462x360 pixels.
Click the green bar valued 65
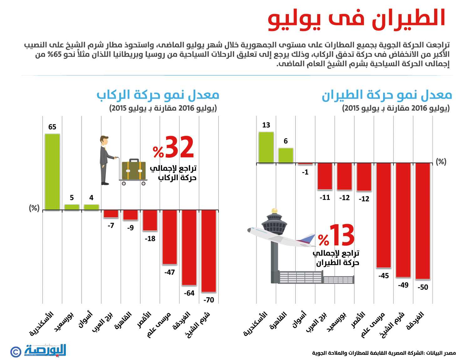[52, 172]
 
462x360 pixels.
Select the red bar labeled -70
[209, 251]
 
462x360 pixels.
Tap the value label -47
[170, 272]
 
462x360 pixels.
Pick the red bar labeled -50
[423, 221]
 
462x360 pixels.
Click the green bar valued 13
[266, 147]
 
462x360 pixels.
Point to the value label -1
[305, 172]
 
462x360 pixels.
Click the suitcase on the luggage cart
[134, 170]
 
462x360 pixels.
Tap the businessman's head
[104, 141]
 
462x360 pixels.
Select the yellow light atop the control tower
[275, 211]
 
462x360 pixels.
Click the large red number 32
[179, 147]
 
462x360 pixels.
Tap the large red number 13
[341, 235]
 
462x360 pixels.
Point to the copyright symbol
[16, 352]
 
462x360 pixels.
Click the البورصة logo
[46, 350]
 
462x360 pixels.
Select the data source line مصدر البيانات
[384, 353]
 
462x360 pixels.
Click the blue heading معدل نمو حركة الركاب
[158, 95]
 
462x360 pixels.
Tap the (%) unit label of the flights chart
[441, 162]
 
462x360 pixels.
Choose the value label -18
[150, 239]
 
